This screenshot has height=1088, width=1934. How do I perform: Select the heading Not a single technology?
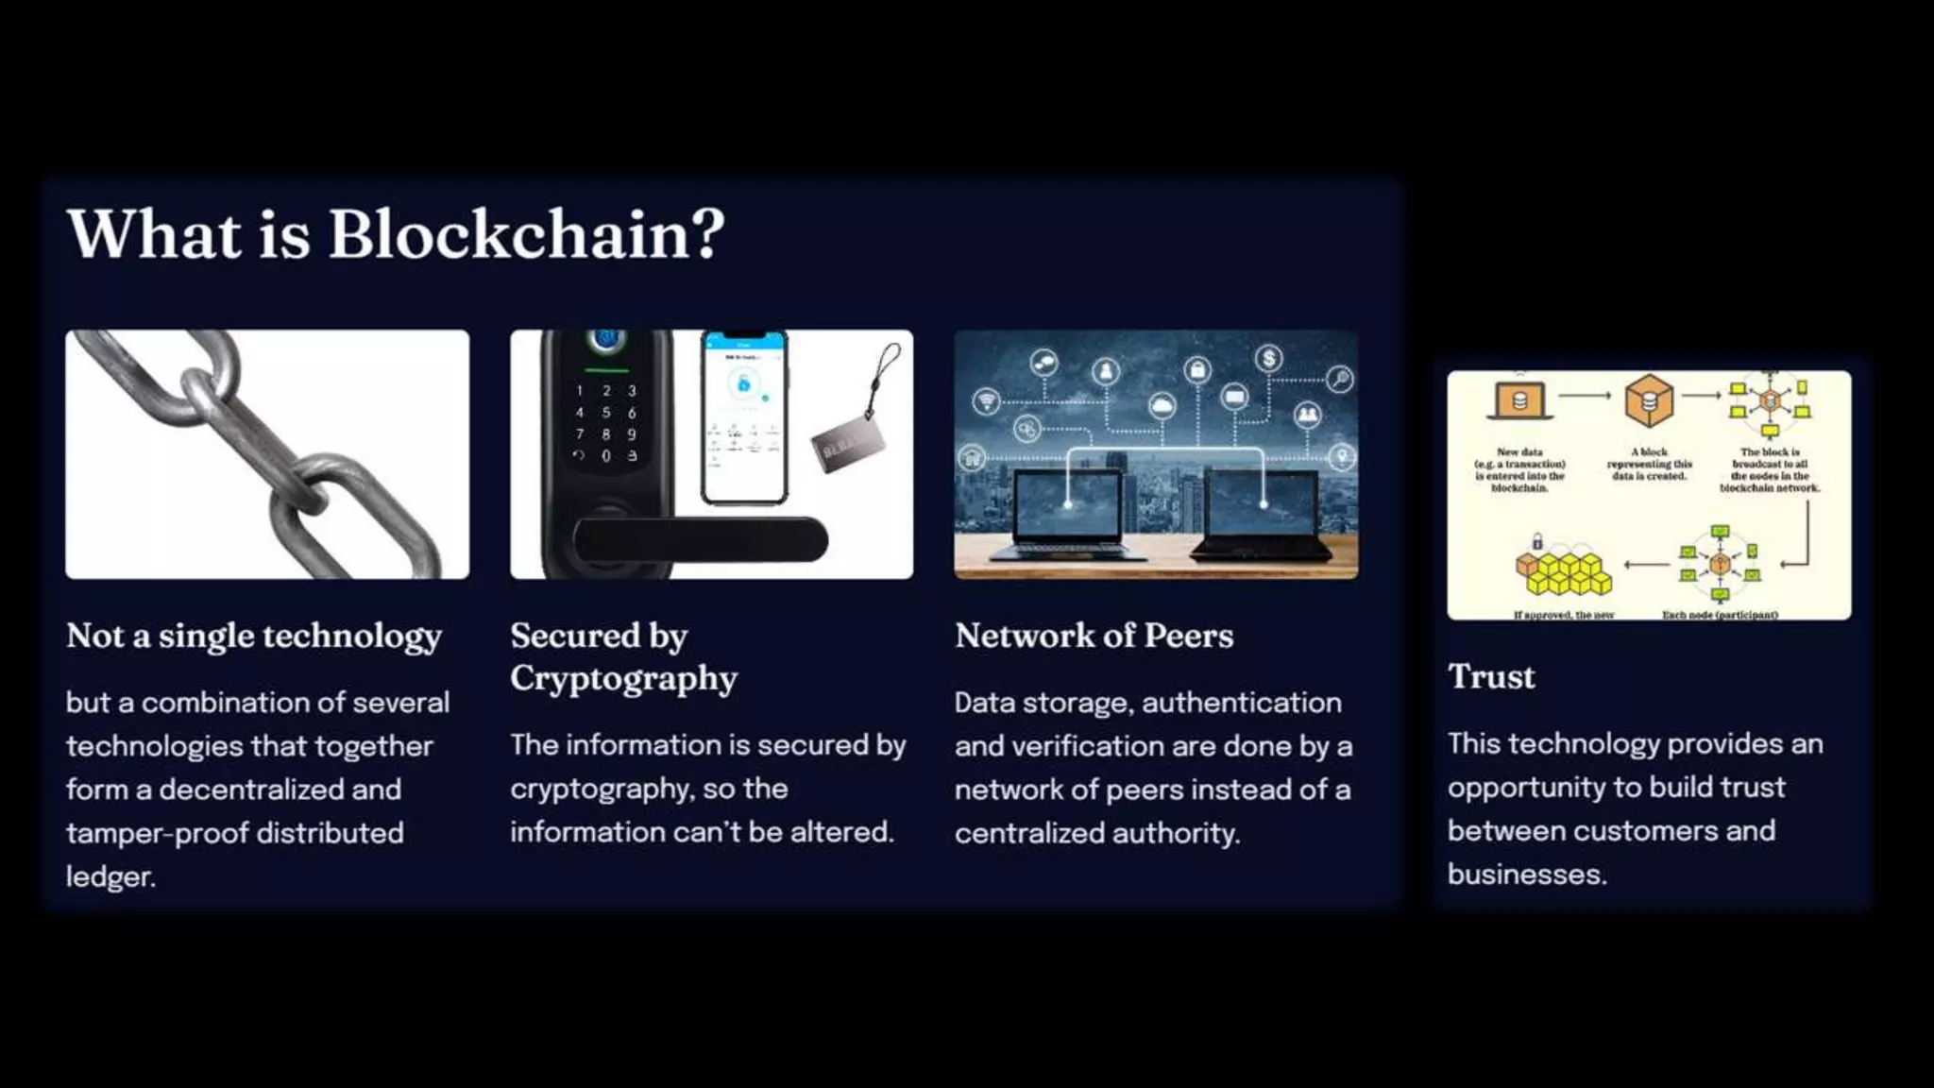click(254, 636)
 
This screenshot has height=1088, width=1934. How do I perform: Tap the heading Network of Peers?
click(1094, 636)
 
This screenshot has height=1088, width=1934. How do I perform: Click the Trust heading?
click(1491, 676)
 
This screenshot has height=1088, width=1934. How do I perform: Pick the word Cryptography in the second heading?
click(623, 678)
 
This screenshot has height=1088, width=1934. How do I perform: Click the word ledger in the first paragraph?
click(110, 876)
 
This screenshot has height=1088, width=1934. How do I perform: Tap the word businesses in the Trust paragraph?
click(1526, 875)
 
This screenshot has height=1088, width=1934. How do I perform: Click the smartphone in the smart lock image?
click(744, 416)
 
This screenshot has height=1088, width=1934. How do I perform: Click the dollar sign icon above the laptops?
click(1269, 358)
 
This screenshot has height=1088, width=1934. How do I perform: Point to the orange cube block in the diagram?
click(1649, 399)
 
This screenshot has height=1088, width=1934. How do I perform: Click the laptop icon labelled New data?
click(1519, 400)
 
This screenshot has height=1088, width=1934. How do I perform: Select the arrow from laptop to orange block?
click(1585, 396)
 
